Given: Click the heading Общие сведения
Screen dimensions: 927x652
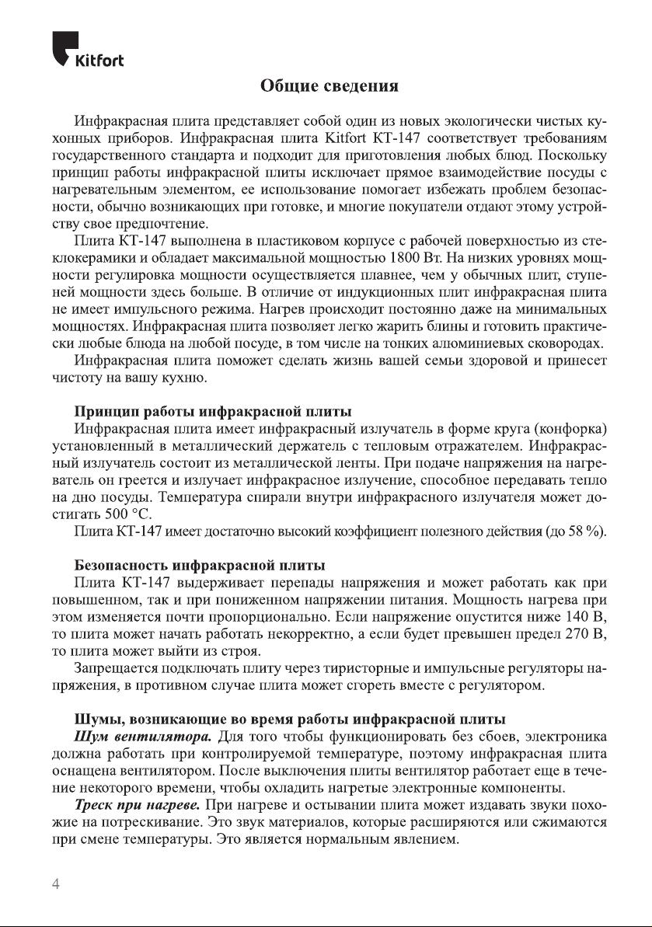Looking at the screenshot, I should pos(329,85).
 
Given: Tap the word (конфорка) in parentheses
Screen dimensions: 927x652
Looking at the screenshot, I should pos(570,429).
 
